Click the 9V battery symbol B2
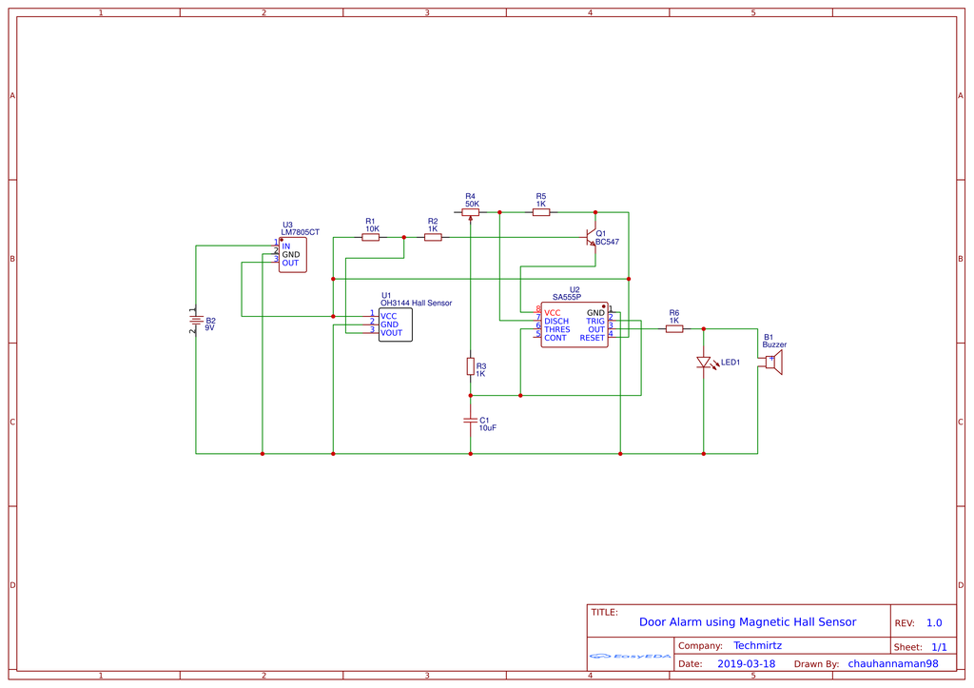195,322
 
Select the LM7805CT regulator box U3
292,255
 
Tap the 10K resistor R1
371,238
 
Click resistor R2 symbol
433,238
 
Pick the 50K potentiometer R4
471,212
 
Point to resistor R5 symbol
541,212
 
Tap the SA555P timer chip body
574,324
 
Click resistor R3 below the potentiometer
471,366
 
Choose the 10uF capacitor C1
471,420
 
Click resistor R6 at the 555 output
674,329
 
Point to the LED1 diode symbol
704,363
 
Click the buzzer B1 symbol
774,363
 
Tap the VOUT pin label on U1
391,333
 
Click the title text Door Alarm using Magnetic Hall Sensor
747,622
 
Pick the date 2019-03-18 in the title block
746,664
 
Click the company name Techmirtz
757,645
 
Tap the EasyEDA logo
630,656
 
